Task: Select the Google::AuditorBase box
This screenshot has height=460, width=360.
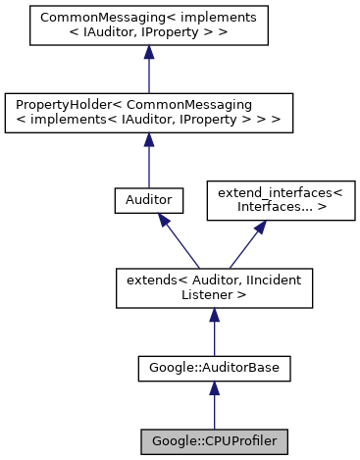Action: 214,369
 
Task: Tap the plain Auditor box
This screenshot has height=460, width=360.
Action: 148,199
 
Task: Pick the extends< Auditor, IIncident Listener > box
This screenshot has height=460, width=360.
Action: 214,287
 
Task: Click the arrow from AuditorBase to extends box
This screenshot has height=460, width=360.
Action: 214,334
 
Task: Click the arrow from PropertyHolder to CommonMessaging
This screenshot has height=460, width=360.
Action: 148,73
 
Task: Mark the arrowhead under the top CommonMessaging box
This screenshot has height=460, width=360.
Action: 148,55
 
